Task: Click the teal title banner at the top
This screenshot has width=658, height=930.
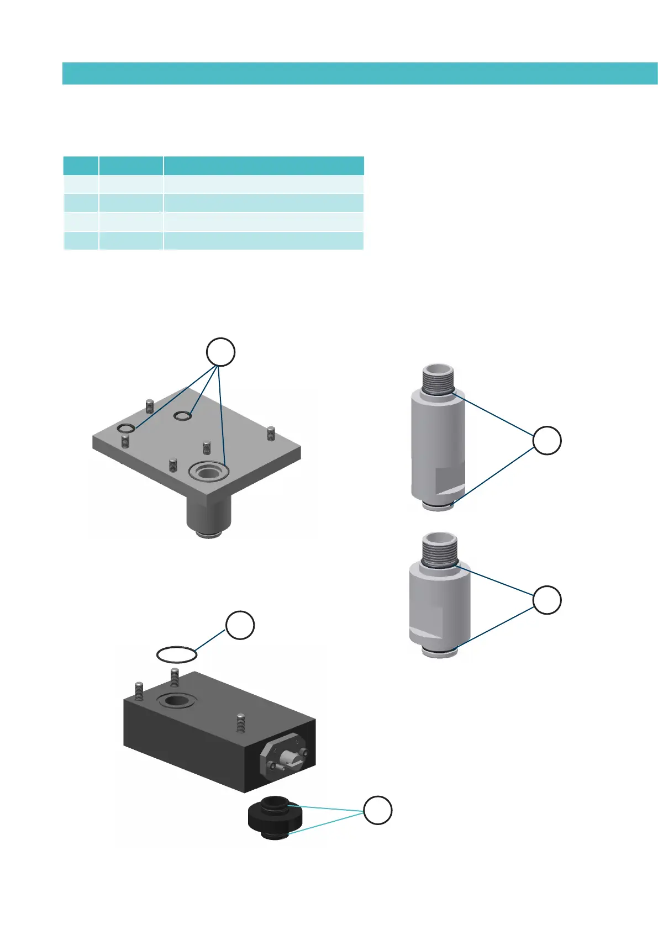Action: (x=359, y=73)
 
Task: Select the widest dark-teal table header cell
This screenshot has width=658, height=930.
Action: (x=264, y=166)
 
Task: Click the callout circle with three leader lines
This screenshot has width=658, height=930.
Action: (x=220, y=352)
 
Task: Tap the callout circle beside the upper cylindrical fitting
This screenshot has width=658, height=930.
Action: (x=547, y=440)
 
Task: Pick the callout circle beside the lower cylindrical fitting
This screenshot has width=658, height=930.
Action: (x=547, y=600)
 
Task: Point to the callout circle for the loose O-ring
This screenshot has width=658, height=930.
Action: (x=240, y=625)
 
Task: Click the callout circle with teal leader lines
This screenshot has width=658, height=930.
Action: (x=377, y=811)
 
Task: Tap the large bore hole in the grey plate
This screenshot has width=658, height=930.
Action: (x=208, y=471)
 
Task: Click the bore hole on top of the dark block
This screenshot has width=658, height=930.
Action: (x=176, y=701)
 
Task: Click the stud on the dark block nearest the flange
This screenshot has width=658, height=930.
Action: (x=240, y=722)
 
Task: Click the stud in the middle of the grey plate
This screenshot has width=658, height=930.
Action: (x=207, y=447)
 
